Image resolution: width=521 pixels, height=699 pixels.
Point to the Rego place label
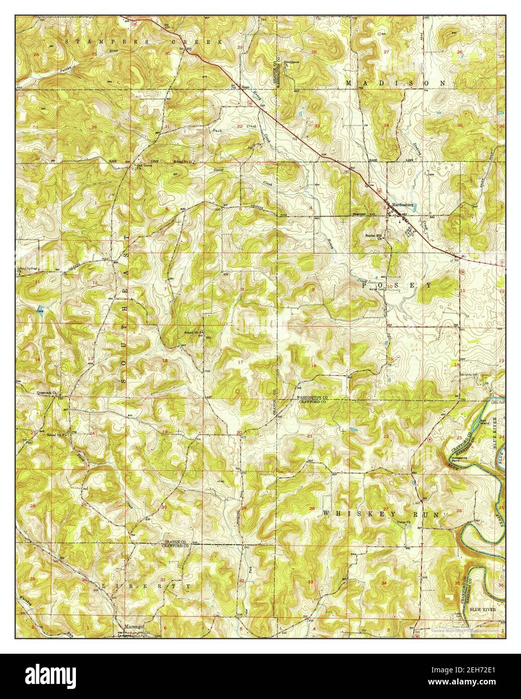(246, 87)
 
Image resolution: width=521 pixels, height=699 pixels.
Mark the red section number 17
(240, 362)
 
